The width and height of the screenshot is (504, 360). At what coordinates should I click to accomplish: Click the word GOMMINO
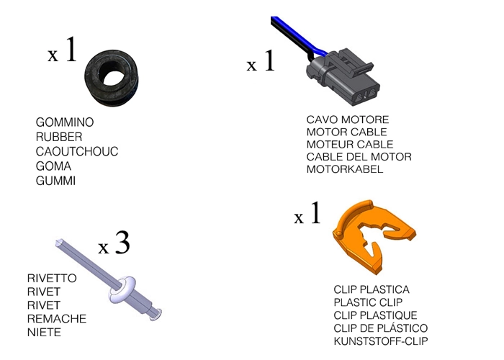(65, 122)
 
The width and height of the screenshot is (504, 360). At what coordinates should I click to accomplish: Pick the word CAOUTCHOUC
(77, 151)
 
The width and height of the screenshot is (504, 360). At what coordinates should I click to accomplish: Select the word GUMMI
(55, 181)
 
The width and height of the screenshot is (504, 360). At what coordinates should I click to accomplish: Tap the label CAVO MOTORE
(348, 120)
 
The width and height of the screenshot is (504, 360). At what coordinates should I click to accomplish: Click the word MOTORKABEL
(345, 169)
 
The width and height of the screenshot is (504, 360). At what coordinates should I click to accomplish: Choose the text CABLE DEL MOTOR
(359, 157)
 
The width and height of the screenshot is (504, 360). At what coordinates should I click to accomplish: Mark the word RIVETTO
(52, 277)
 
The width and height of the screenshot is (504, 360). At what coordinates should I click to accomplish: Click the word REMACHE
(56, 318)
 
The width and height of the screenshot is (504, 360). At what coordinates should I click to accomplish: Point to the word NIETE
(44, 332)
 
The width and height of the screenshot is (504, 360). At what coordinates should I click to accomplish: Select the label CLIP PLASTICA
(372, 289)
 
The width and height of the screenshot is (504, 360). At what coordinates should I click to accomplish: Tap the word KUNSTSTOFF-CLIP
(385, 341)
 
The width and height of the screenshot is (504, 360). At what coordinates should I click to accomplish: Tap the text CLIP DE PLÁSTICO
(381, 328)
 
